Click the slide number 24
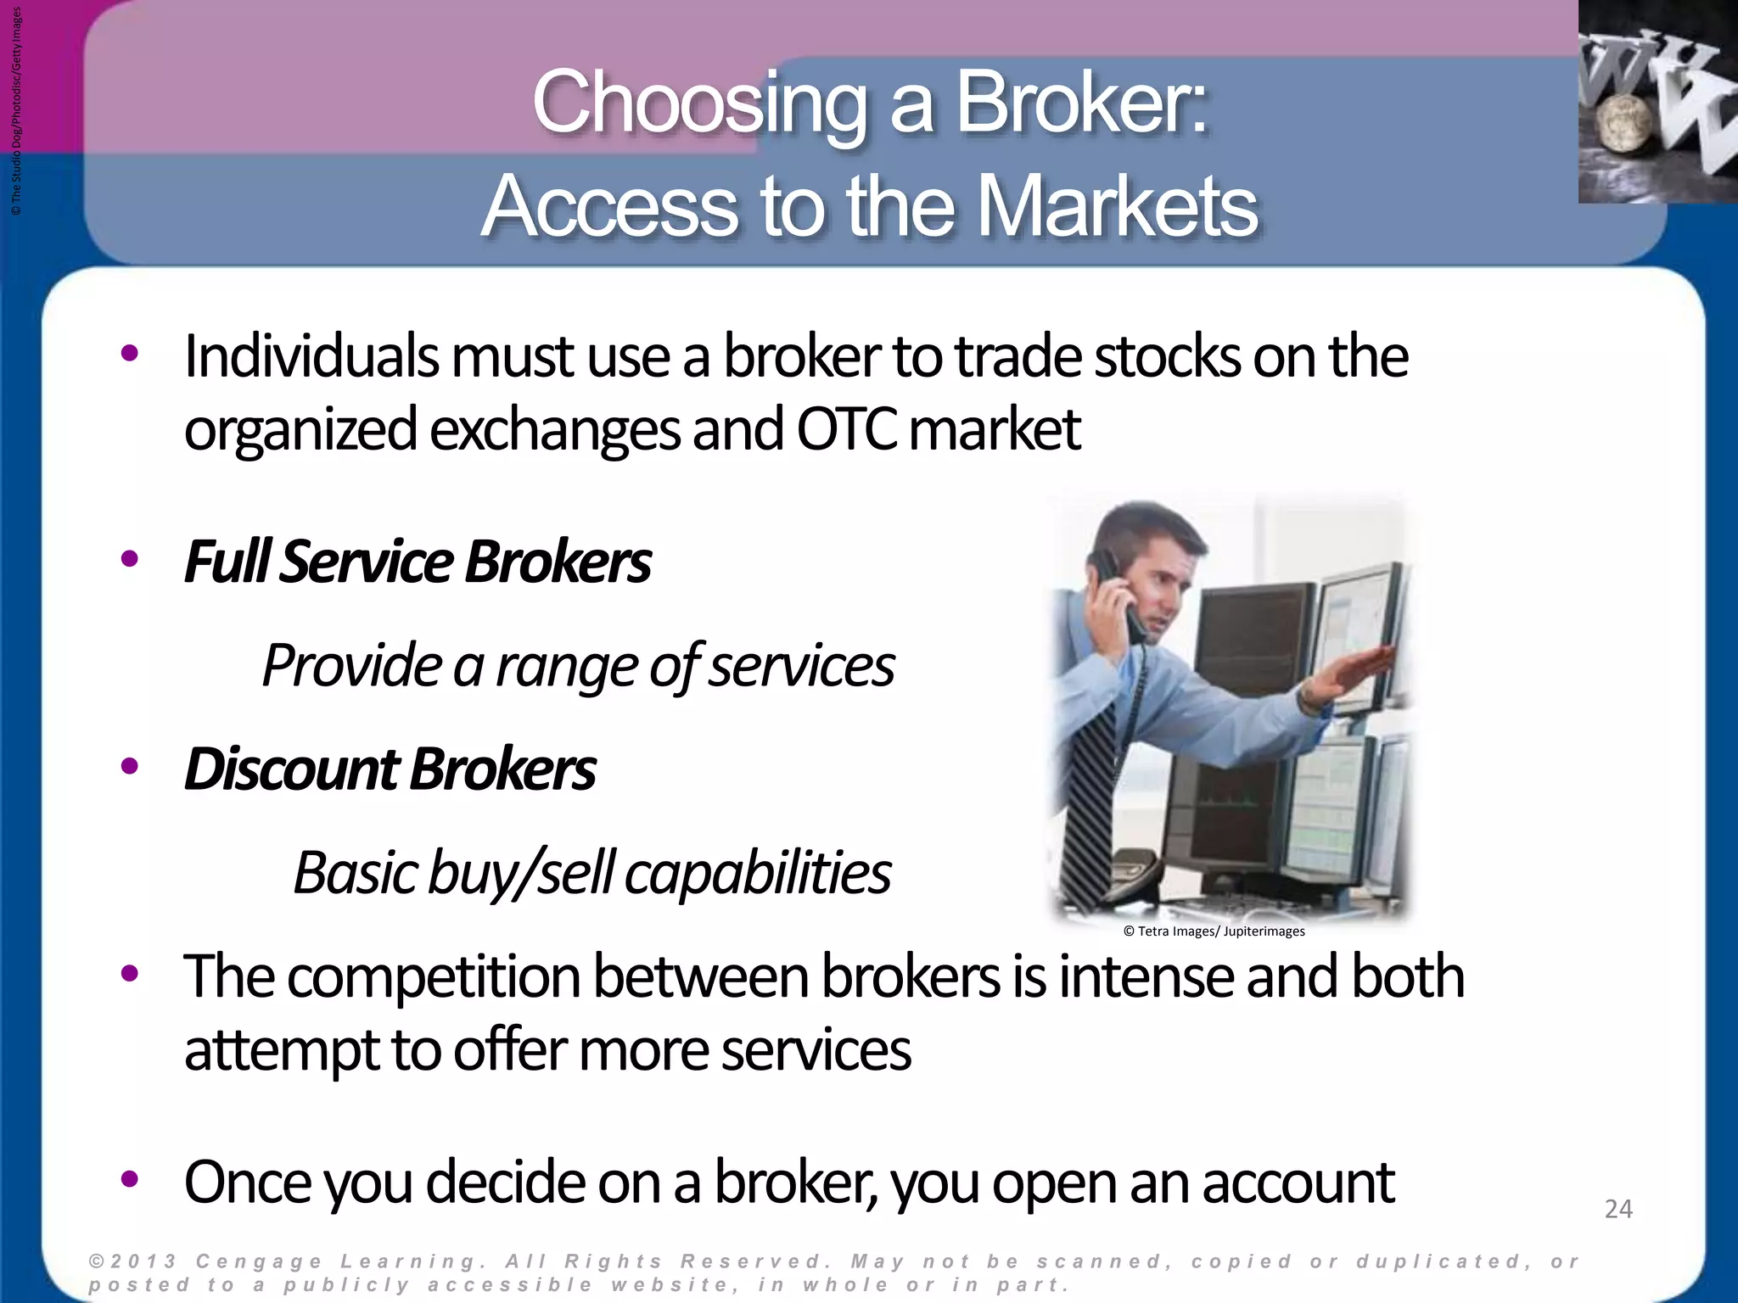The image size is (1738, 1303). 1617,1209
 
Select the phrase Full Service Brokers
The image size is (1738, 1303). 418,562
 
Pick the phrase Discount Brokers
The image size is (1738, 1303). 390,769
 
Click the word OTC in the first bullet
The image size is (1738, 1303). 845,429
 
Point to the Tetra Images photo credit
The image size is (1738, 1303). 1214,931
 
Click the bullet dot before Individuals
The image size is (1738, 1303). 129,355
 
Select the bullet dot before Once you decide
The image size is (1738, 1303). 129,1179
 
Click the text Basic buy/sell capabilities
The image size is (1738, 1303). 591,873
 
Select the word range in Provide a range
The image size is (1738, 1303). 565,667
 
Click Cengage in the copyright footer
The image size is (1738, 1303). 259,1261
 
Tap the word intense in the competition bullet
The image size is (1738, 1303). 1146,977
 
